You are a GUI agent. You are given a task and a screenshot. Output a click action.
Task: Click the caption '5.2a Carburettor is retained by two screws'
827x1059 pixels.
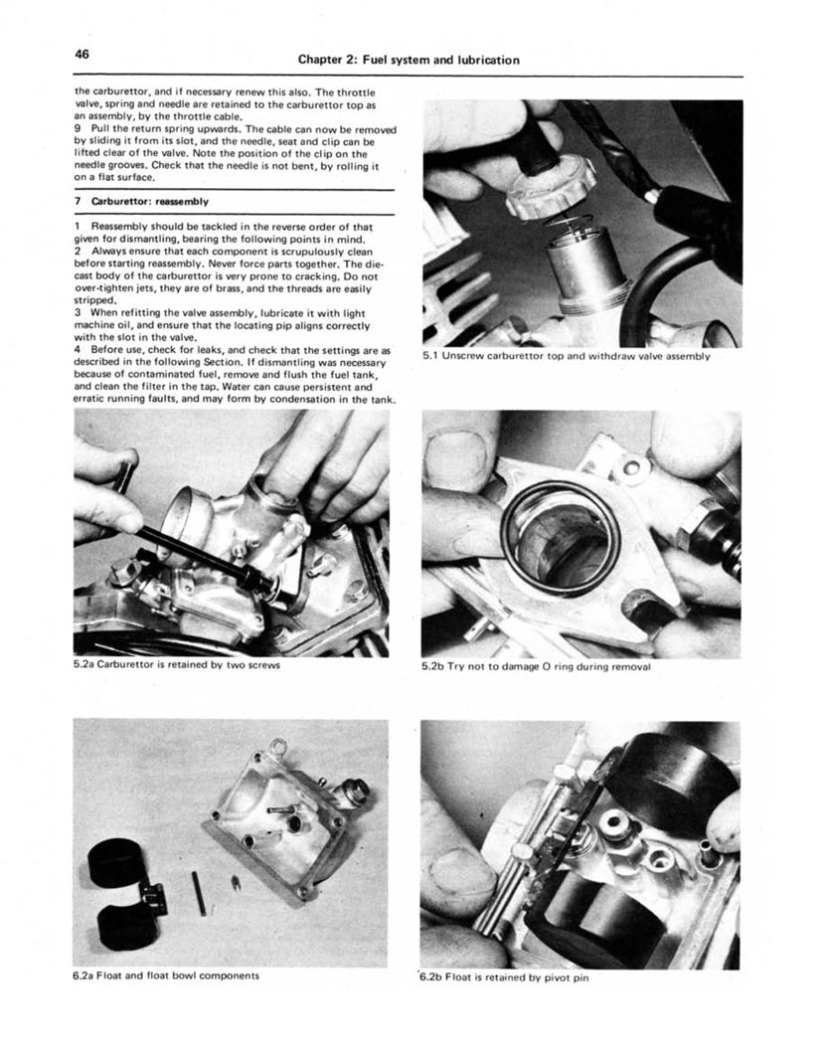coord(176,665)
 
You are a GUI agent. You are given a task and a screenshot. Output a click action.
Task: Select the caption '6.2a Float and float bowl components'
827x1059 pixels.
coord(167,975)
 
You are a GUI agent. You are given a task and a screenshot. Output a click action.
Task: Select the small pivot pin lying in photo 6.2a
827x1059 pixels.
coord(199,891)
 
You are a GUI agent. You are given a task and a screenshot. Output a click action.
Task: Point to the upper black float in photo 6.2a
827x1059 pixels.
coord(118,865)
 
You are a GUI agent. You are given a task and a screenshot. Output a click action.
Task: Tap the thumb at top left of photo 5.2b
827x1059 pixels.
coord(459,445)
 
